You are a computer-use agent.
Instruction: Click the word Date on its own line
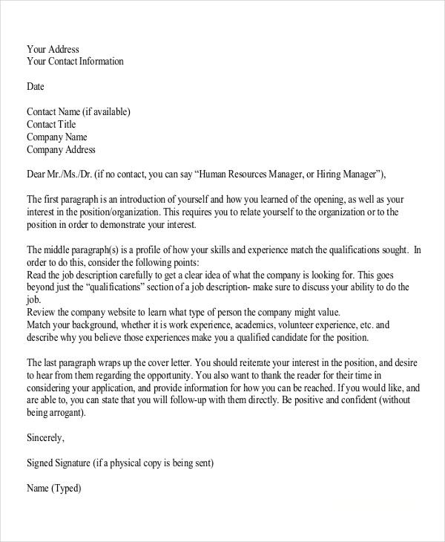tap(36, 86)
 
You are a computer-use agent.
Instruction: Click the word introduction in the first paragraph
tap(145, 200)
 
